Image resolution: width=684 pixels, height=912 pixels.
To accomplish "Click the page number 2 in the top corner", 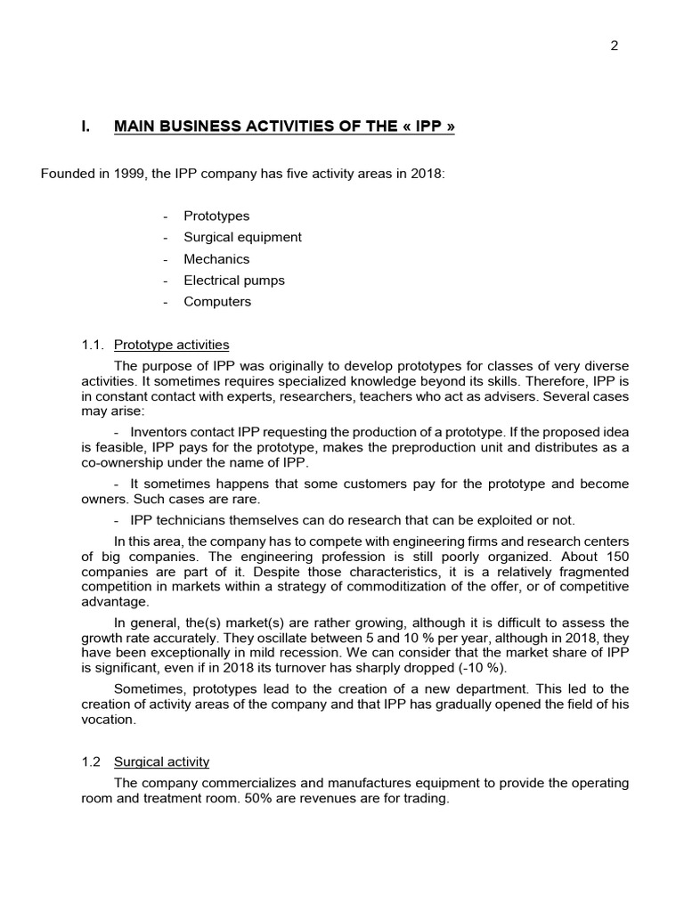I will tap(615, 47).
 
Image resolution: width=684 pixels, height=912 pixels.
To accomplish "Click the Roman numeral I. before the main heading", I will tap(85, 126).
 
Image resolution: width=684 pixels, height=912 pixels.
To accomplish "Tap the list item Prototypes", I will tap(216, 216).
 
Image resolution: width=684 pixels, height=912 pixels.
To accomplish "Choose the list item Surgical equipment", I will tap(242, 237).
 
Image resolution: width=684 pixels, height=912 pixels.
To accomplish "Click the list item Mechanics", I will tap(216, 259).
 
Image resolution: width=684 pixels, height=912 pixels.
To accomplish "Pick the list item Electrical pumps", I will tap(234, 280).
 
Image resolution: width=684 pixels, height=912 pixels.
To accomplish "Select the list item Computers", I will tap(217, 301).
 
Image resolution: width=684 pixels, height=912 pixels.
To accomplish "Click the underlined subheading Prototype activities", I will tap(183, 345).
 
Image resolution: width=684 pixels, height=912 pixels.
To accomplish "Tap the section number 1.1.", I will tap(93, 345).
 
